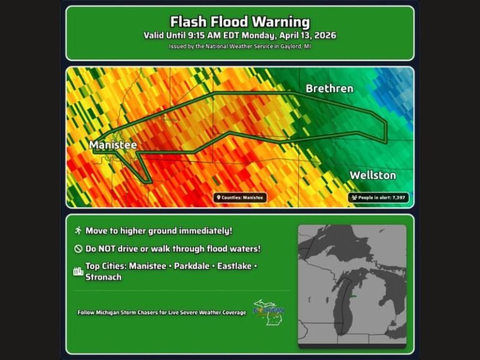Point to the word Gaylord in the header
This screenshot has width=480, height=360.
(x=284, y=46)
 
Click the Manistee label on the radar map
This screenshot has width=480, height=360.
(x=112, y=145)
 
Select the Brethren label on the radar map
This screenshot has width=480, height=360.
(x=329, y=89)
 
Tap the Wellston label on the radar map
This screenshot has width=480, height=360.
(x=372, y=175)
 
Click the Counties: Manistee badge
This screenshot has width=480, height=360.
(x=240, y=197)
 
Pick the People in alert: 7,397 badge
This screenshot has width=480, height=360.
(x=379, y=197)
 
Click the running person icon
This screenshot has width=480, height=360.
(x=78, y=231)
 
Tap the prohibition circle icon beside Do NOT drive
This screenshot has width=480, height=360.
(x=78, y=249)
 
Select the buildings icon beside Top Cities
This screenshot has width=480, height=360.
(x=78, y=271)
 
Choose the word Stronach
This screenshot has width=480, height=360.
(x=104, y=277)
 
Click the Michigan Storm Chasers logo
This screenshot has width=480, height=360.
(x=269, y=311)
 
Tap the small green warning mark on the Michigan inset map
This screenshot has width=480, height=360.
(x=353, y=296)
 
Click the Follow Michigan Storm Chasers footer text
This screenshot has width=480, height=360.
(x=161, y=312)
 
